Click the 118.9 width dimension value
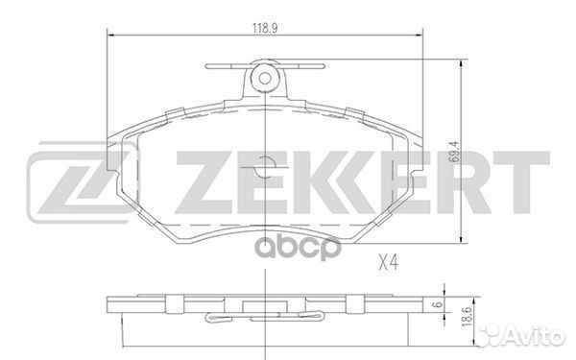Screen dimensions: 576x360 (x=265, y=28)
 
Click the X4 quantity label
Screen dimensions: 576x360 (x=389, y=263)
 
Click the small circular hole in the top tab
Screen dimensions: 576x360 (x=265, y=78)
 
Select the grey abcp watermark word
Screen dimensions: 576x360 (x=298, y=248)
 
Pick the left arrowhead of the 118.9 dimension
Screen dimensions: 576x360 (x=110, y=36)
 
